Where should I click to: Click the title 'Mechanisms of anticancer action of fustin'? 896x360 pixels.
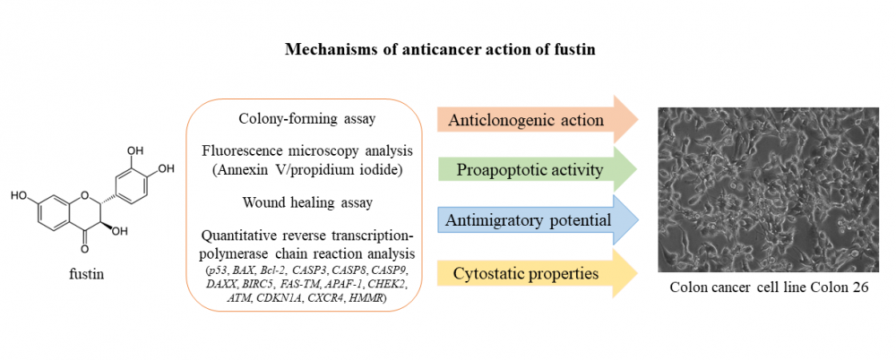click(x=441, y=50)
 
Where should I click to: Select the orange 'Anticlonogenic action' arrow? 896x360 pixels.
click(x=537, y=119)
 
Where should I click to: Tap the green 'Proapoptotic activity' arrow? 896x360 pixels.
click(x=537, y=170)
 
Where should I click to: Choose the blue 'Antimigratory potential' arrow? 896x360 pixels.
click(x=537, y=220)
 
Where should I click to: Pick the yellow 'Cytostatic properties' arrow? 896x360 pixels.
click(x=537, y=274)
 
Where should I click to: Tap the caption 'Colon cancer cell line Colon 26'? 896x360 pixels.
click(x=769, y=287)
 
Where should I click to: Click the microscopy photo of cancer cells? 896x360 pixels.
click(x=769, y=190)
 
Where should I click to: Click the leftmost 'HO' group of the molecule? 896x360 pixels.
click(x=18, y=196)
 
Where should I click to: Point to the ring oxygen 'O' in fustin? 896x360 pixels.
click(x=86, y=197)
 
